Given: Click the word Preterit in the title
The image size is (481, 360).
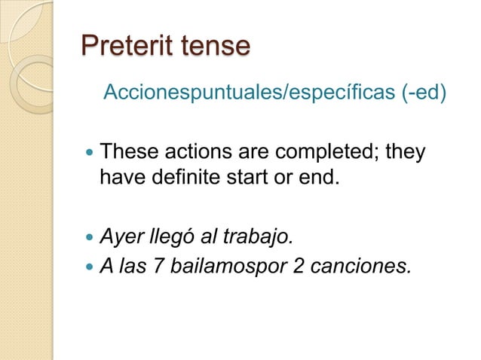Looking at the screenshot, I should click(124, 46).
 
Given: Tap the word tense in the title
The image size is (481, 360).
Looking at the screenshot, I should click(213, 46).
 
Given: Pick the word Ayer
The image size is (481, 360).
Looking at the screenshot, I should click(121, 239).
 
